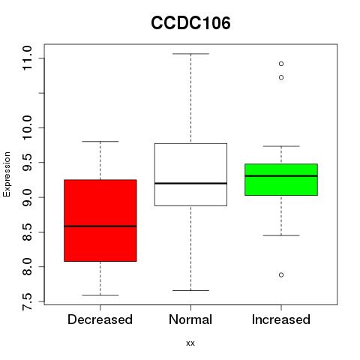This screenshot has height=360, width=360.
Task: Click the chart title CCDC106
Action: click(190, 23)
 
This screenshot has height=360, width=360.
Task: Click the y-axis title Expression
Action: click(7, 174)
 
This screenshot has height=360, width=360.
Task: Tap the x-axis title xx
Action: click(190, 343)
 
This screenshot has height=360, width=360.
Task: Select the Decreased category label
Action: click(100, 319)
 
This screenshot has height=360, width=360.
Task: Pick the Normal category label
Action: click(190, 319)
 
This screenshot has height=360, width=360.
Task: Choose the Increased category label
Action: click(281, 319)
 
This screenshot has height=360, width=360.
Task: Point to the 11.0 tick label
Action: click(27, 58)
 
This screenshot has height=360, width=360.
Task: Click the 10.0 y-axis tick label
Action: click(27, 127)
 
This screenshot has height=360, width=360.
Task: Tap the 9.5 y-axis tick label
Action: click(27, 163)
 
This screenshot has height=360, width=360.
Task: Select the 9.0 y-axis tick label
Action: click(27, 197)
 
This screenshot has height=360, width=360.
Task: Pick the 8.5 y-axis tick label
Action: click(27, 232)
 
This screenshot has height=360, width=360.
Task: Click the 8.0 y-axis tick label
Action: click(27, 267)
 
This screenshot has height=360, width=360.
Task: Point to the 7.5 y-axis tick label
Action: click(27, 301)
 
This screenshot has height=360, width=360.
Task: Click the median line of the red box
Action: click(100, 226)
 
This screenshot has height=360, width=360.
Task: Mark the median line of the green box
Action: click(281, 176)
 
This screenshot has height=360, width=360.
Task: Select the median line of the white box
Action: click(190, 183)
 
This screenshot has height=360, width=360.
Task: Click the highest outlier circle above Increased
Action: click(281, 64)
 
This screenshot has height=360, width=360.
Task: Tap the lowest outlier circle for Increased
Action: click(281, 275)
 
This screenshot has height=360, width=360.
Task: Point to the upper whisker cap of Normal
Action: click(190, 54)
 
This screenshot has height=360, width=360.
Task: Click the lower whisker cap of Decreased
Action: click(100, 295)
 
